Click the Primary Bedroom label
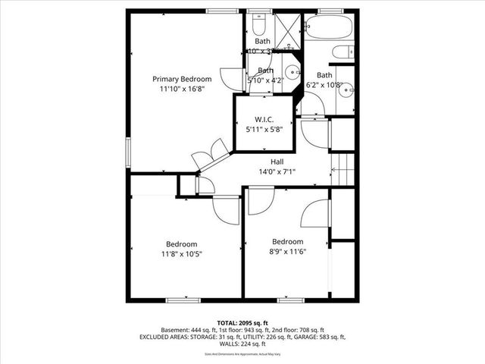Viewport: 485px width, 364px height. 181,79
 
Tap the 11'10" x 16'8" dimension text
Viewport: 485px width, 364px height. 181,89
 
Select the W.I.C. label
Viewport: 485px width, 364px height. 263,120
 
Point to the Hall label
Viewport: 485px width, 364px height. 277,162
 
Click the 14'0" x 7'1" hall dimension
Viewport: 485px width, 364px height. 277,171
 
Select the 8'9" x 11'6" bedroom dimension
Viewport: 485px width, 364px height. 287,253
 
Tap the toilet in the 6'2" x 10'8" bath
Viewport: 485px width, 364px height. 343,52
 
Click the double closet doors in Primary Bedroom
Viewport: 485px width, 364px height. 210,154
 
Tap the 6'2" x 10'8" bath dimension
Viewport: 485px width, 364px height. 324,85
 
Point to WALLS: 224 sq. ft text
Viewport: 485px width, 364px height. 242,344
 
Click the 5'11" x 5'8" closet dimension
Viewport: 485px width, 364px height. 263,130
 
